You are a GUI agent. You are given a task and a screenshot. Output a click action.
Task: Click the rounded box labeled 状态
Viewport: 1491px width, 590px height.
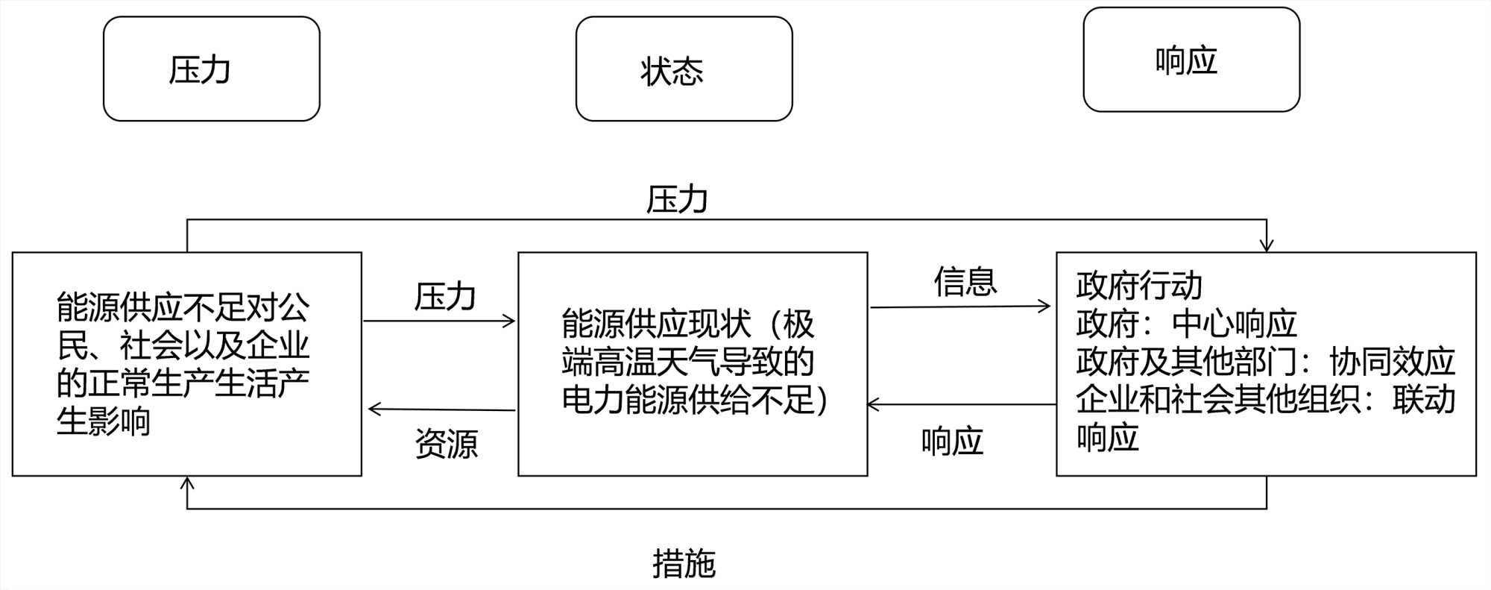click(x=684, y=69)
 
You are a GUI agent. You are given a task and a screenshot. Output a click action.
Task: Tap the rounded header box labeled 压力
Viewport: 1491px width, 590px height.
click(x=211, y=69)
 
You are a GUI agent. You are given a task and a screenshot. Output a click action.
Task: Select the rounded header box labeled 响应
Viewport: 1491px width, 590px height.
click(x=1191, y=60)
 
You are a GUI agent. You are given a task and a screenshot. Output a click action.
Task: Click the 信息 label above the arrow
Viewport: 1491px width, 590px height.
click(x=965, y=282)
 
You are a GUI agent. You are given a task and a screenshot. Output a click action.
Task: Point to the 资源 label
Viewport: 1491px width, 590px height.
click(x=446, y=444)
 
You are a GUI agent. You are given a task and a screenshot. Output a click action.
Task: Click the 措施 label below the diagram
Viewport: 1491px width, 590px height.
click(x=684, y=563)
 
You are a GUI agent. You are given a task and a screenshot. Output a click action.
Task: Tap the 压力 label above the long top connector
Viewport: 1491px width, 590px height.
click(x=676, y=200)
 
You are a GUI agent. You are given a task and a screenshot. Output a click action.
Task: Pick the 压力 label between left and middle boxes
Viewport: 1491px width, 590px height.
click(x=445, y=297)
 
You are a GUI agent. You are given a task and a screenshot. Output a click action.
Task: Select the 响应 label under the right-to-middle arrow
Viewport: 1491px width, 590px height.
click(x=952, y=442)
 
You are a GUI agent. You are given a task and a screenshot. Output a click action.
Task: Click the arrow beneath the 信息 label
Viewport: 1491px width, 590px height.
click(x=960, y=306)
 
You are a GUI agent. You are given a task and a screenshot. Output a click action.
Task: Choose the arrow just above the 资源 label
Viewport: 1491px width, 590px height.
click(x=441, y=409)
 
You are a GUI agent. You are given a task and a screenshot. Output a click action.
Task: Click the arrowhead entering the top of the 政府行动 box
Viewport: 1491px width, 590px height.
click(x=1266, y=245)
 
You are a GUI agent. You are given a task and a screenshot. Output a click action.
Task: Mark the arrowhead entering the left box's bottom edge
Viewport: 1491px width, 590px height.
click(x=187, y=483)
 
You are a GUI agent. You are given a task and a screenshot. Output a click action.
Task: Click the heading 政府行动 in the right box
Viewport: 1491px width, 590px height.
click(x=1138, y=286)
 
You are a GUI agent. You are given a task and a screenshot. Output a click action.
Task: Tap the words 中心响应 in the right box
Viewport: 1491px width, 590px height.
click(x=1234, y=324)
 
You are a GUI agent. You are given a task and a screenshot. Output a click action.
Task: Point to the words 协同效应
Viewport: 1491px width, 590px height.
click(x=1392, y=362)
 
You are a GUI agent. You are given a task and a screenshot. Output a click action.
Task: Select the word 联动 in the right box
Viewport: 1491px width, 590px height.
click(x=1423, y=400)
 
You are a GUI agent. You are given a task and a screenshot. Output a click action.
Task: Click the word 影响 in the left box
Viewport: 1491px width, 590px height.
click(x=119, y=421)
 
